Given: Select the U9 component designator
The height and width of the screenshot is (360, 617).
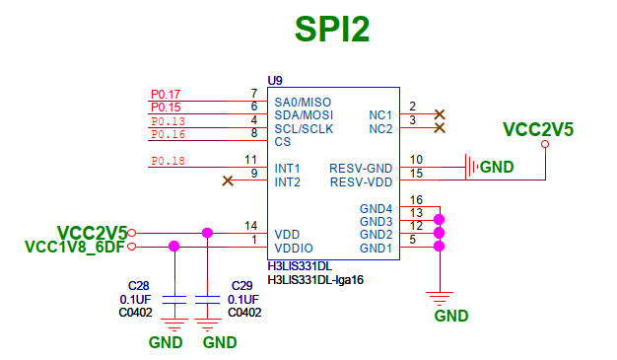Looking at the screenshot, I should (x=276, y=79).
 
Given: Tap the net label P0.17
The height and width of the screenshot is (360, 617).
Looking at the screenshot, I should (x=165, y=94).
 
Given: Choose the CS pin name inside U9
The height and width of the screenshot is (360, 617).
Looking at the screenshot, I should (x=283, y=141).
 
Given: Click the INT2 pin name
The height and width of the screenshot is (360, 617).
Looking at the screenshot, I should (x=288, y=181).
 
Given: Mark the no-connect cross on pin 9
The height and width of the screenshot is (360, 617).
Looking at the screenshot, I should (x=229, y=180).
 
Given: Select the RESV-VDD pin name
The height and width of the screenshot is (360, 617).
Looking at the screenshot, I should (x=361, y=181).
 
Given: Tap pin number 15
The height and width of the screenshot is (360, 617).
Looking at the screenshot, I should (x=417, y=174).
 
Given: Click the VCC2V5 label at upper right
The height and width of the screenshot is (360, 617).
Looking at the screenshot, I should (x=537, y=129).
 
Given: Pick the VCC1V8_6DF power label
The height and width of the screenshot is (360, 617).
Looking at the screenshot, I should (x=75, y=248).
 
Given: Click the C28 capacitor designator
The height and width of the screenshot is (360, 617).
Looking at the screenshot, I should (x=137, y=285).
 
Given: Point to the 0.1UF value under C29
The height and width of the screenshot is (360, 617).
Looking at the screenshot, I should (x=243, y=299).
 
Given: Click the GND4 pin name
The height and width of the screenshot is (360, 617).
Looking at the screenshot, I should (x=376, y=208).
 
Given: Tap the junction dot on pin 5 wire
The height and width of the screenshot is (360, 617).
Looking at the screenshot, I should (x=440, y=247).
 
